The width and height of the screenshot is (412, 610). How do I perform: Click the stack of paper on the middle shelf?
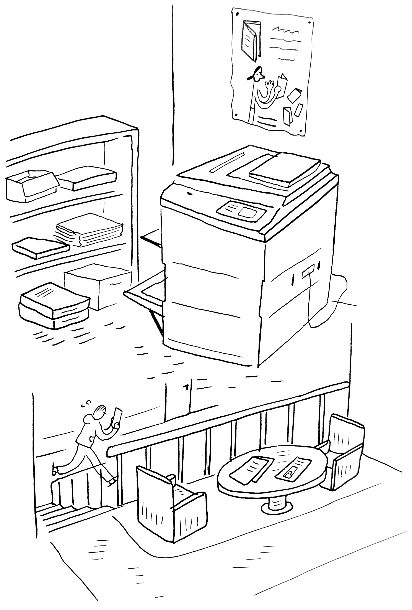[89, 230]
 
